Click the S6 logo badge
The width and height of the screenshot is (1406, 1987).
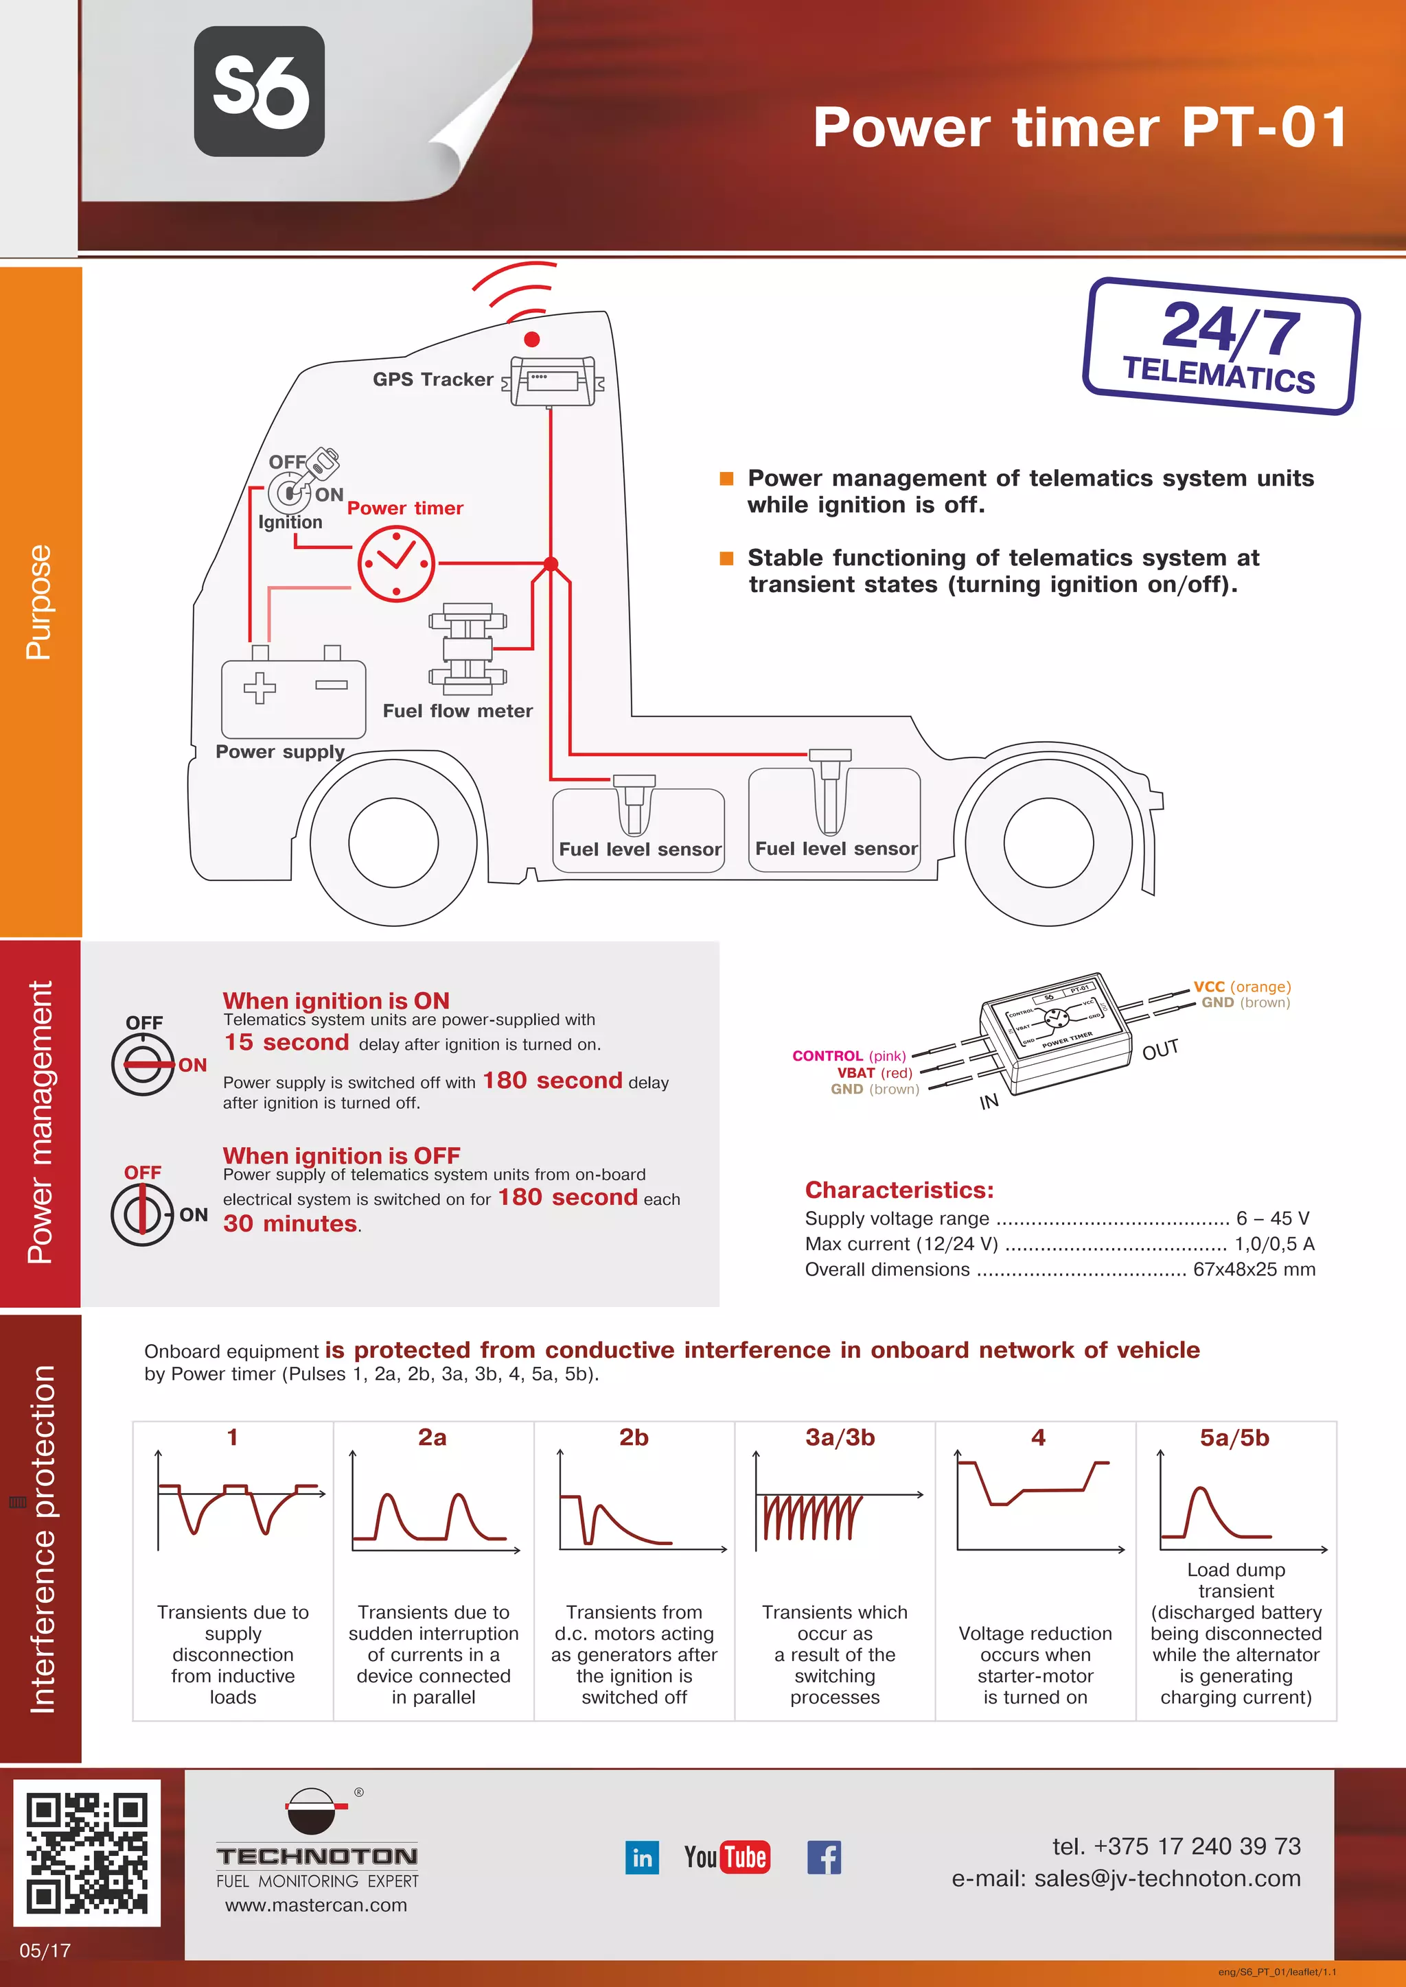[x=259, y=92]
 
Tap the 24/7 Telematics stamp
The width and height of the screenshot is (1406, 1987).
[x=1221, y=346]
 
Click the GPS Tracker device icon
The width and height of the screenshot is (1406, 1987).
[x=551, y=381]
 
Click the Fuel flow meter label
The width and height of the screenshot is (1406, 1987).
[x=457, y=711]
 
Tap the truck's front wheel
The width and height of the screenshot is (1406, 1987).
[x=394, y=841]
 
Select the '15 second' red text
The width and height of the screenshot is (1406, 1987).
[x=286, y=1043]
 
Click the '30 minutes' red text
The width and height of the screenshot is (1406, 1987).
[x=290, y=1224]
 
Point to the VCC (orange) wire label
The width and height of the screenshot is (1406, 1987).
[x=1241, y=987]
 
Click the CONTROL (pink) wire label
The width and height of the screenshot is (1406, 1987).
[x=849, y=1056]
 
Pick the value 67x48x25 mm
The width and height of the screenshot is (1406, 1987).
[x=1254, y=1269]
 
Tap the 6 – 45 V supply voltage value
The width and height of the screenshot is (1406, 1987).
[x=1272, y=1219]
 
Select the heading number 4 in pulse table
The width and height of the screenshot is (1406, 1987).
[x=1038, y=1437]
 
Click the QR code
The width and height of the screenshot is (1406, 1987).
[x=87, y=1852]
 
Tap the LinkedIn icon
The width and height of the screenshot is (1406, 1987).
[x=641, y=1857]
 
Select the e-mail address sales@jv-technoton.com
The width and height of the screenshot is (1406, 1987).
[x=1167, y=1879]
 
